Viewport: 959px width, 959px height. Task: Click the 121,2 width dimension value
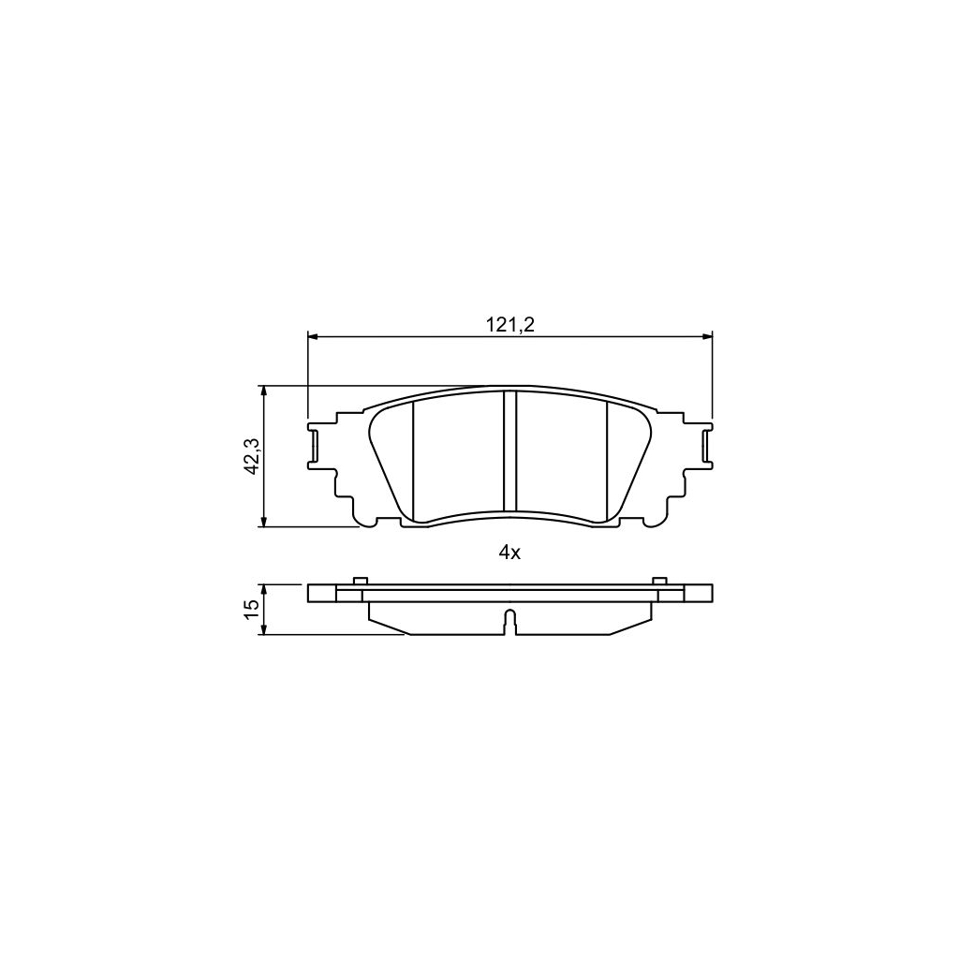coord(509,324)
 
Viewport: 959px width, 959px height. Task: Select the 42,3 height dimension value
coord(251,456)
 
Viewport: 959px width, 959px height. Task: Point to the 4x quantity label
coord(509,553)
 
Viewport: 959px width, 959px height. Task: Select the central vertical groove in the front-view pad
coord(510,451)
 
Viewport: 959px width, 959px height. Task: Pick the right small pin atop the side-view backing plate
coord(659,581)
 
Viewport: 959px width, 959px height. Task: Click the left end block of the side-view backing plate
coord(321,593)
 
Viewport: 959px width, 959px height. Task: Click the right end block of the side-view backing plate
coord(699,593)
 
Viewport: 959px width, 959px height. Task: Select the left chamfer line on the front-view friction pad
coord(413,459)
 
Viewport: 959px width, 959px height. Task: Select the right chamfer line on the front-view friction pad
coord(608,459)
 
